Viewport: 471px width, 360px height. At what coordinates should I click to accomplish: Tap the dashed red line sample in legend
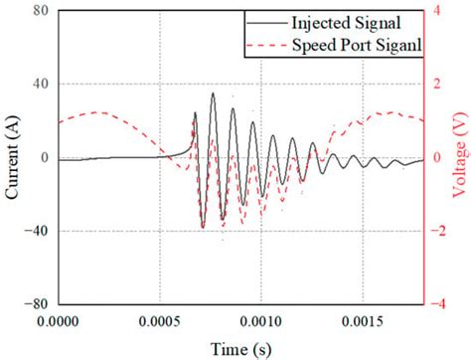269,47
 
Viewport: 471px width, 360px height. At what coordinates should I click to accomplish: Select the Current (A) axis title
13,158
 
